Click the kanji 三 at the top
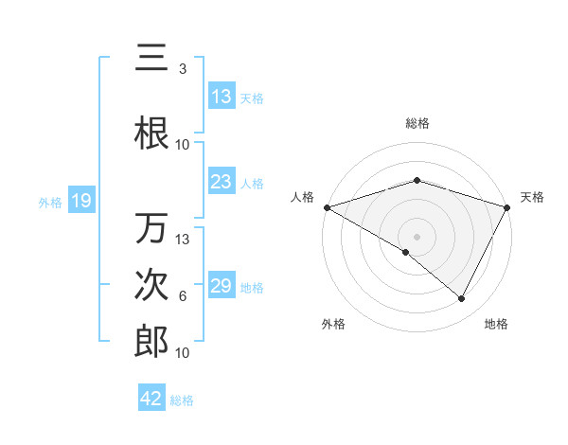click(152, 59)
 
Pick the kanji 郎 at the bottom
click(152, 342)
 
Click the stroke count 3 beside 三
click(183, 69)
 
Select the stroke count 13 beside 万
click(184, 239)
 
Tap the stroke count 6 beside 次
click(183, 296)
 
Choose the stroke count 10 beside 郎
click(184, 352)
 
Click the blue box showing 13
click(222, 96)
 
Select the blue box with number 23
click(222, 182)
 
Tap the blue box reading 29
click(222, 286)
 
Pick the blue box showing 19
click(81, 201)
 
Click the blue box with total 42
click(151, 399)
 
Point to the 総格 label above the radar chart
click(417, 123)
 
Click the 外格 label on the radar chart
click(333, 324)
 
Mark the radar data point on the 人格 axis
click(327, 207)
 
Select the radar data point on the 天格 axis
click(507, 207)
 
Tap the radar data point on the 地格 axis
click(462, 299)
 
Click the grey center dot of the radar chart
click(417, 236)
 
